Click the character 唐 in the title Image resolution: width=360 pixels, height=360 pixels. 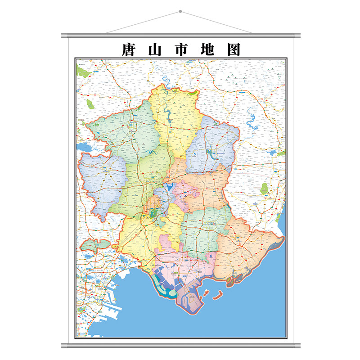pyautogui.click(x=129, y=49)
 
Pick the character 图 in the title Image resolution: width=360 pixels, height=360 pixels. pyautogui.click(x=233, y=49)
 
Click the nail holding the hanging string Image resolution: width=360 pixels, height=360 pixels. pyautogui.click(x=180, y=11)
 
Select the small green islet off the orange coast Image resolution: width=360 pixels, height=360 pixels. pyautogui.click(x=230, y=282)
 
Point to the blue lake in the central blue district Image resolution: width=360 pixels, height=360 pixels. pyautogui.click(x=170, y=186)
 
